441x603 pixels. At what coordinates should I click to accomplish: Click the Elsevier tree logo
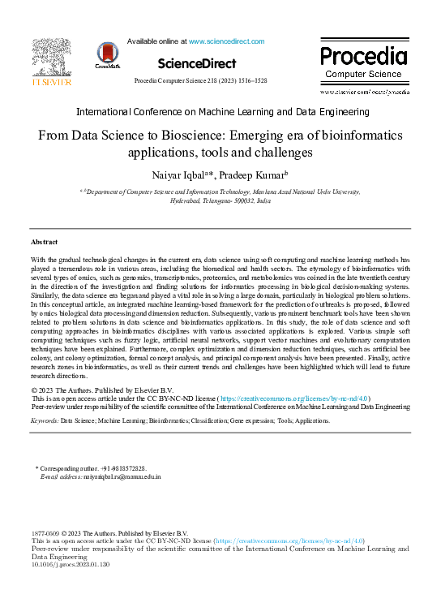pyautogui.click(x=52, y=58)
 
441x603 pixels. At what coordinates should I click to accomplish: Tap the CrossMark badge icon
pyautogui.click(x=106, y=54)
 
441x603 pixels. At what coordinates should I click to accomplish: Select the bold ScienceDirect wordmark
pyautogui.click(x=197, y=63)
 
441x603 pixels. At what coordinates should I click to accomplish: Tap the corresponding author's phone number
pyautogui.click(x=123, y=469)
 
